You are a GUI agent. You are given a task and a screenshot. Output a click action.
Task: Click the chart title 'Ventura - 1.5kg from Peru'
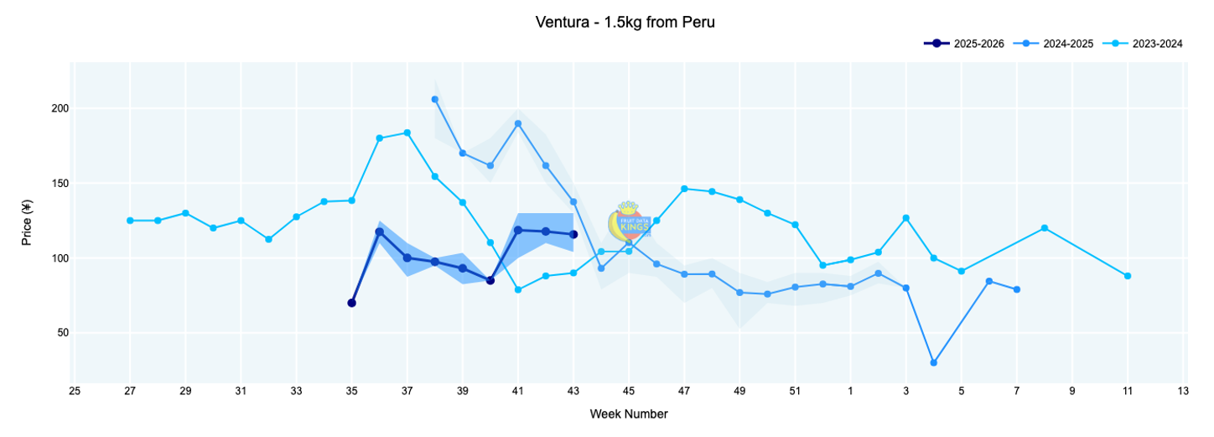(625, 23)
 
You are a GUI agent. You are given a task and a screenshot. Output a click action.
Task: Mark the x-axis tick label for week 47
(684, 391)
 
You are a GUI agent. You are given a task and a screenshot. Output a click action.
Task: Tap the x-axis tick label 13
(1183, 391)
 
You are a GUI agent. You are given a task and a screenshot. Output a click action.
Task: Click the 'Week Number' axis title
(629, 414)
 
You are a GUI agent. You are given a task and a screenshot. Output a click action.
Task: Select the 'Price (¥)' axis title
(27, 222)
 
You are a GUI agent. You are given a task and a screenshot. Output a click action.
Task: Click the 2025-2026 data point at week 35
(351, 303)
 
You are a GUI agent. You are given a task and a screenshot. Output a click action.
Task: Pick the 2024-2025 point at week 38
(434, 100)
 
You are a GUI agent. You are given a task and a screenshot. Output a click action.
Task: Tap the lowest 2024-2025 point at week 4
(933, 363)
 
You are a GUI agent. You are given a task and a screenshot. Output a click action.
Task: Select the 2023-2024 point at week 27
(130, 221)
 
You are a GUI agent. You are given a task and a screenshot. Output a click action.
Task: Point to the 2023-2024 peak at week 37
(407, 133)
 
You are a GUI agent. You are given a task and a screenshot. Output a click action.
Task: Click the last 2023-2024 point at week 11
(1128, 276)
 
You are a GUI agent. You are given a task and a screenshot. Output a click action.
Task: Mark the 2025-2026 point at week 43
(573, 234)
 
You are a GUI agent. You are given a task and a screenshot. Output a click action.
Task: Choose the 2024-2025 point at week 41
(518, 123)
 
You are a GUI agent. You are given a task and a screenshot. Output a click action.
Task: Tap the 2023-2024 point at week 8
(1044, 228)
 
